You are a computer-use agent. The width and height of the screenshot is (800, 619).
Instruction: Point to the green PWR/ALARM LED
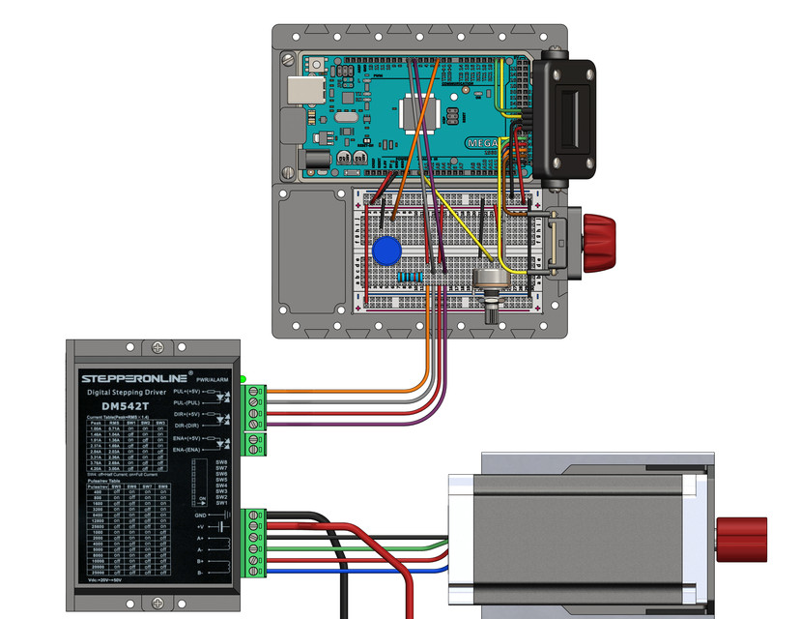click(243, 378)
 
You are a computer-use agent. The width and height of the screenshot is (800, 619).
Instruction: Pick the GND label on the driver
click(201, 516)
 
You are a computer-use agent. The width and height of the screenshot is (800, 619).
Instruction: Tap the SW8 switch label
click(220, 461)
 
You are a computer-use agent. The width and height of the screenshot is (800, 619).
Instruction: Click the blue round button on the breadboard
click(386, 250)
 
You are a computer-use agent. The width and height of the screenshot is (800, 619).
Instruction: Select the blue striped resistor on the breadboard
click(410, 278)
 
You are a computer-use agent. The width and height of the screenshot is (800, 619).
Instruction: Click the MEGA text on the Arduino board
click(482, 141)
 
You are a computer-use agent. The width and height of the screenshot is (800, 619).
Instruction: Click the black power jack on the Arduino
click(315, 157)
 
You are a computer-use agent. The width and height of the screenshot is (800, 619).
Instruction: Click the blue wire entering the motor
click(386, 572)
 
